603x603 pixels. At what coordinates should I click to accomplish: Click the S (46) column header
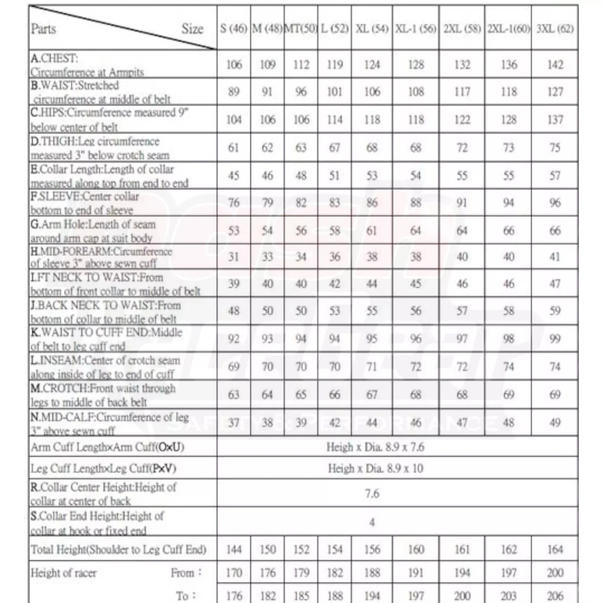234,29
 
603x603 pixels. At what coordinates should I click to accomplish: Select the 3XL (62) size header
555,29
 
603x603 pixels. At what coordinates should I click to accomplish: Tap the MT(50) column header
301,29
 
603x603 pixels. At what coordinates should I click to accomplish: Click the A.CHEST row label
87,65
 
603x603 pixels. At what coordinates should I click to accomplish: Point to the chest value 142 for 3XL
555,65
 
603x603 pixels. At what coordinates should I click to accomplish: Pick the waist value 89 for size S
234,92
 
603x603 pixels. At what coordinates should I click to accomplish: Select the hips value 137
555,119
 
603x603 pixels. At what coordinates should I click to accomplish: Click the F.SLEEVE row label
85,203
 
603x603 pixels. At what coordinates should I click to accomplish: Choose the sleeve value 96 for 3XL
555,203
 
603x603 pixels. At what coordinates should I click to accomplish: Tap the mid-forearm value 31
234,256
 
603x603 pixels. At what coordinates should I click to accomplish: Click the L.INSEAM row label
105,367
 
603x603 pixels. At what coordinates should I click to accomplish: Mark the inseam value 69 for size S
234,367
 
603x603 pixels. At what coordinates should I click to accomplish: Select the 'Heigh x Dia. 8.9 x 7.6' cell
375,447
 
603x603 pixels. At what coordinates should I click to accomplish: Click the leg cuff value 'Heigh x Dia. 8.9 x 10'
375,468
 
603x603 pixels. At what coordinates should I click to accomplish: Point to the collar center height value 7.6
372,493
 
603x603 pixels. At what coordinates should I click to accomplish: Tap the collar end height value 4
372,522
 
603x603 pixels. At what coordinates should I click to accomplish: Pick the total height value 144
234,549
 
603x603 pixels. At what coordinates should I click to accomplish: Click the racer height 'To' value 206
555,596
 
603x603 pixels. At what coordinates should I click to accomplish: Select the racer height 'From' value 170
234,572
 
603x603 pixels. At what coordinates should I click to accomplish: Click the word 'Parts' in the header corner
43,29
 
